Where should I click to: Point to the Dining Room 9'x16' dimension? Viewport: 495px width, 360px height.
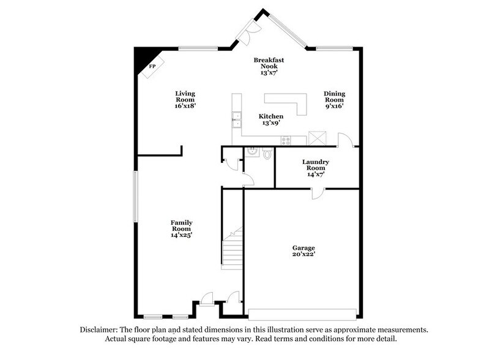tap(335, 106)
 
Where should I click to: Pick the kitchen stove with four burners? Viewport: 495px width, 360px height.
tap(285, 140)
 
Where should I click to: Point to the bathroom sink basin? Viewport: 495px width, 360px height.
tap(251, 153)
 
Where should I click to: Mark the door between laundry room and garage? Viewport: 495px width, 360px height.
tap(317, 192)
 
